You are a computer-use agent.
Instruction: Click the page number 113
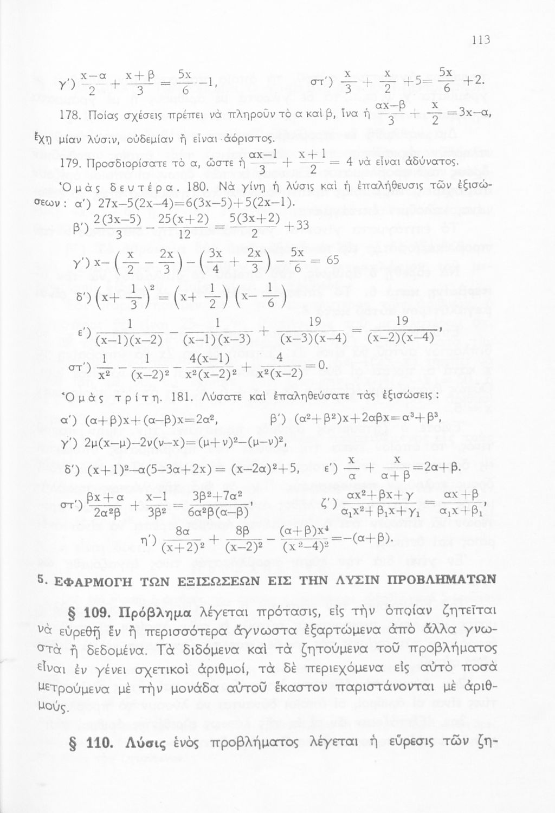point(481,40)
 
